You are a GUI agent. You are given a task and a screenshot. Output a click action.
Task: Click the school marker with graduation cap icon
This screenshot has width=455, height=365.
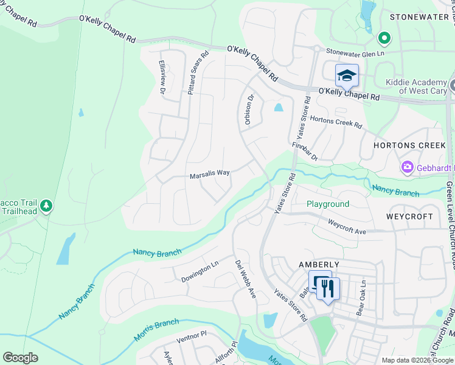347,75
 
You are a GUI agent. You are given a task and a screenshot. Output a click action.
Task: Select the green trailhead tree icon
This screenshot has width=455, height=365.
46,207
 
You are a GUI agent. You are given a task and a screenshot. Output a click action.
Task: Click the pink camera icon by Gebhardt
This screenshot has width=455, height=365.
406,167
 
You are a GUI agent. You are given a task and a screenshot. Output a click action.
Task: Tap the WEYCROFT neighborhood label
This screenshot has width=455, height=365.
409,217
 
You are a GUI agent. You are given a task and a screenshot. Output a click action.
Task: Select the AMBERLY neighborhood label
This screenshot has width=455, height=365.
318,265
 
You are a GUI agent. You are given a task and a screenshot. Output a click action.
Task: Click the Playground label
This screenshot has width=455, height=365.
327,204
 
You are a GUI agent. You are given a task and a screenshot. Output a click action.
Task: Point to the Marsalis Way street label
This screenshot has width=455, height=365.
209,173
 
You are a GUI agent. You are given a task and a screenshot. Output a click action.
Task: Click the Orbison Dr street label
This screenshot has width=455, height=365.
248,108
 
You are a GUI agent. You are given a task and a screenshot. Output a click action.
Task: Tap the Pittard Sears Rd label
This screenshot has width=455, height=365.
198,72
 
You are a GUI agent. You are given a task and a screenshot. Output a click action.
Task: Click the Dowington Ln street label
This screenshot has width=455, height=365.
199,272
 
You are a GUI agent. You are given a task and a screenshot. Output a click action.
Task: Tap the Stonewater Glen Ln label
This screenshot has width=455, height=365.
356,53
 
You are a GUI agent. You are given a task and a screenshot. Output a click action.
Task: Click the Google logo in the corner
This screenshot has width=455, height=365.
21,358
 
